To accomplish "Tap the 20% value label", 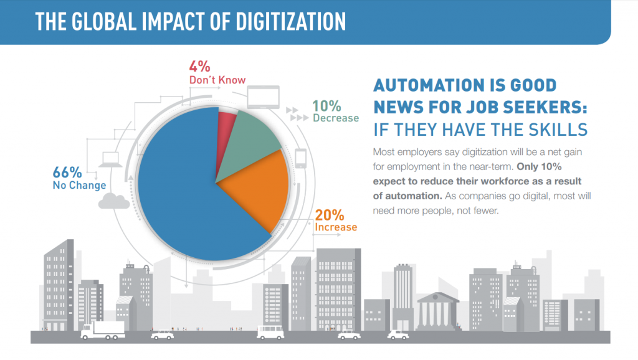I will pyautogui.click(x=330, y=215).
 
